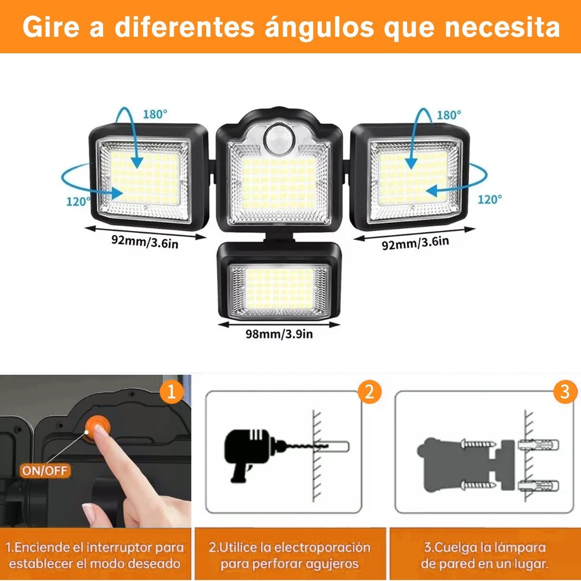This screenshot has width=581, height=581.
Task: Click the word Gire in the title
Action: coord(51,27)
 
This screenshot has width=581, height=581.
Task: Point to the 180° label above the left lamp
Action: coord(154,114)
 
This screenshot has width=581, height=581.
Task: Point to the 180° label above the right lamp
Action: coord(449,115)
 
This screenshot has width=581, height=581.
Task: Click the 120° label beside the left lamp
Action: coord(78,201)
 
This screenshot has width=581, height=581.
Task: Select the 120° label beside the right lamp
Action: coord(490,199)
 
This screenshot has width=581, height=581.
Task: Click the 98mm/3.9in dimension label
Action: coord(279,334)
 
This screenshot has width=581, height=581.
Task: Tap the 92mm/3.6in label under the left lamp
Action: coord(145,242)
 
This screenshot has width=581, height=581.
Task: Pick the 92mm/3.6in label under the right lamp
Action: coord(415,243)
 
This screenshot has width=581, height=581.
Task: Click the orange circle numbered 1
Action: coord(171,393)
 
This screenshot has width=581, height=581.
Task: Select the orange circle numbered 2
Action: coord(369,392)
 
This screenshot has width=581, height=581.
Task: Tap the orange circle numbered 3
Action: coord(565,392)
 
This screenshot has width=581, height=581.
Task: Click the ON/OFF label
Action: coord(45,470)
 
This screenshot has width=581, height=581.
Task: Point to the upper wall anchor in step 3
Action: coord(538,445)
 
